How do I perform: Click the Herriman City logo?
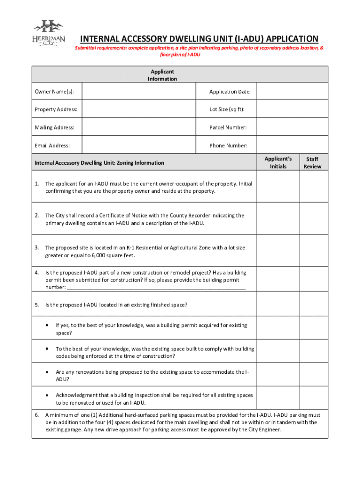click(x=48, y=33)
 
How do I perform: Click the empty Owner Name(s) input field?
click(x=139, y=92)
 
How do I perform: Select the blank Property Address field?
click(x=139, y=109)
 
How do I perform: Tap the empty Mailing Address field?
click(x=139, y=127)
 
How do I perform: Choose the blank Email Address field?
click(x=139, y=145)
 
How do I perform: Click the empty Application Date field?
click(x=292, y=92)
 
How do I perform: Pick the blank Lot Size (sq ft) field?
click(x=292, y=109)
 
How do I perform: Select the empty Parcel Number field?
click(x=292, y=127)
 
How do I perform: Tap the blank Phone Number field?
click(x=292, y=145)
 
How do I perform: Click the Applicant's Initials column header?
click(x=278, y=162)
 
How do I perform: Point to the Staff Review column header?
click(x=312, y=162)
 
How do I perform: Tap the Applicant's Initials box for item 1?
click(x=278, y=187)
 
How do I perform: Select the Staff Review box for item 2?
click(x=313, y=219)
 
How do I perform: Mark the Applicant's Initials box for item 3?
click(x=278, y=251)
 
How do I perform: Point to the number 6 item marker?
click(x=36, y=415)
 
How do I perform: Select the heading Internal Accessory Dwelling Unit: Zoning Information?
click(x=100, y=163)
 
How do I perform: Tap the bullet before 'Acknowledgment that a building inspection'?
click(x=47, y=395)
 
